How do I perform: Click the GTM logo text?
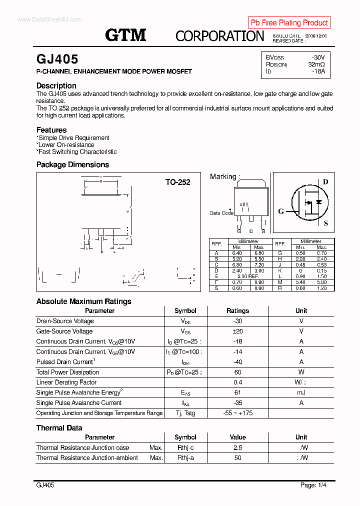click(125, 35)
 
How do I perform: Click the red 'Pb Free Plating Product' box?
click(289, 22)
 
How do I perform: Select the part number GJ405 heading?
click(57, 59)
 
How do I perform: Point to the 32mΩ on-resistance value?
click(316, 64)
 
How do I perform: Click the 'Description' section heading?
click(56, 85)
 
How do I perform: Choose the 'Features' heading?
click(51, 130)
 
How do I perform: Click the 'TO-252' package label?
click(177, 182)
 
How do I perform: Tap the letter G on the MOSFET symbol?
click(281, 211)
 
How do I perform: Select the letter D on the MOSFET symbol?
click(325, 182)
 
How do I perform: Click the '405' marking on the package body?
click(244, 204)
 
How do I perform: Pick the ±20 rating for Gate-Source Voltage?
click(237, 331)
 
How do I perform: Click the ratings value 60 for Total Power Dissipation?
click(237, 372)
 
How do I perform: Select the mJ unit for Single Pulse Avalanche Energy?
click(301, 392)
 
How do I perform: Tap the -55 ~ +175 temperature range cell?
click(237, 413)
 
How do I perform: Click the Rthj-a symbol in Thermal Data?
click(185, 457)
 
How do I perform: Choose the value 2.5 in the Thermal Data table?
click(237, 447)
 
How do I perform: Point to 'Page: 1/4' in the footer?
click(316, 485)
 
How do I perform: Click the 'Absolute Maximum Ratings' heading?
click(84, 301)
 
